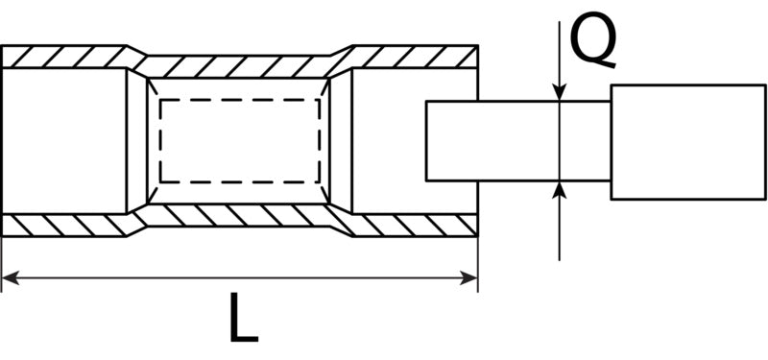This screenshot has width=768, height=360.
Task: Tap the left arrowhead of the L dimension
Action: (x=10, y=278)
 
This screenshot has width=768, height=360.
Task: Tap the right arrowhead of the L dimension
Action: (x=469, y=278)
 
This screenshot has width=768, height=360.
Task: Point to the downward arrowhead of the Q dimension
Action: (x=560, y=92)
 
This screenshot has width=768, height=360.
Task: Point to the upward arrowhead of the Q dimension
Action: (x=560, y=189)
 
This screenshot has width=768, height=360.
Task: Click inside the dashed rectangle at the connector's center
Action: (x=240, y=141)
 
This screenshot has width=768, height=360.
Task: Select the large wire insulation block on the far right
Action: (x=688, y=142)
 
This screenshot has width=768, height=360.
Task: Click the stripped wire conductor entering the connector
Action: (x=518, y=141)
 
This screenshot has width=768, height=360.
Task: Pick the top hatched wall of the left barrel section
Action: (x=64, y=57)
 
